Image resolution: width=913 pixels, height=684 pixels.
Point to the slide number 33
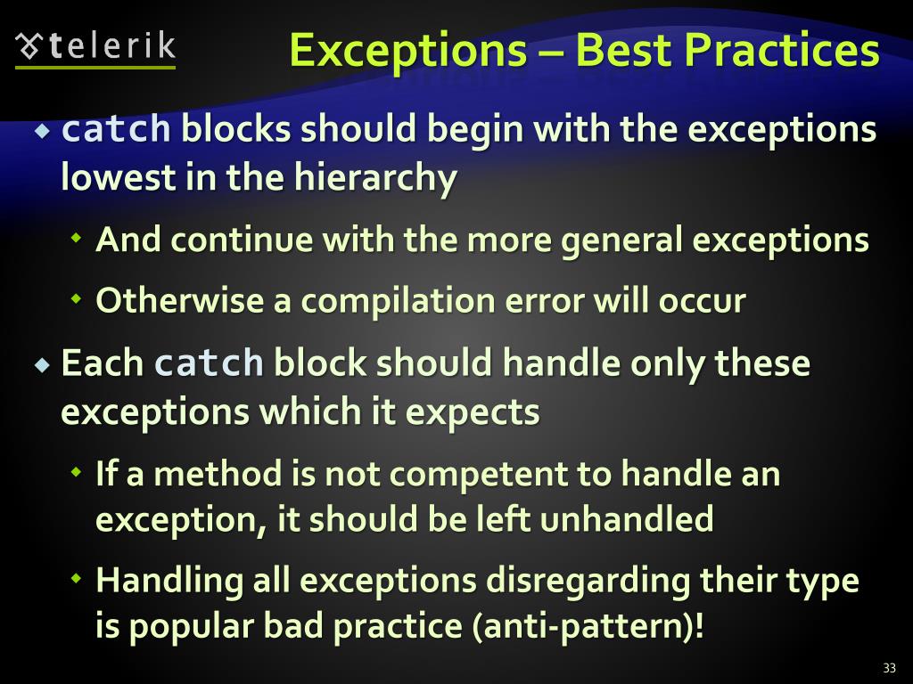[889, 668]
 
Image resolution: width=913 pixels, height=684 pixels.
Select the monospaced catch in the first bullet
[116, 130]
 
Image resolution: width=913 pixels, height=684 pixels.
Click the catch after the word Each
[210, 364]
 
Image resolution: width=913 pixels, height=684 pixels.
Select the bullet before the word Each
[42, 364]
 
